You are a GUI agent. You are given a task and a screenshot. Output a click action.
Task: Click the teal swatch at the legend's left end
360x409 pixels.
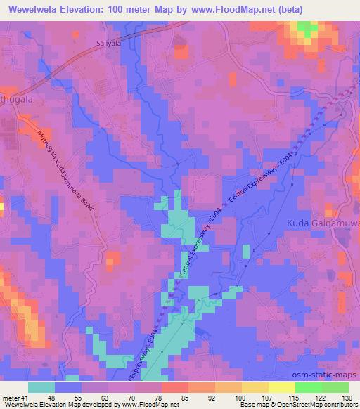coord(41,387)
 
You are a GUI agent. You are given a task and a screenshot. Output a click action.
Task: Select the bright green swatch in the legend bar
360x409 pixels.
coord(308,387)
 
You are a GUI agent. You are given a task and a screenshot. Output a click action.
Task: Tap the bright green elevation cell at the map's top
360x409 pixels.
coord(305,29)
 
